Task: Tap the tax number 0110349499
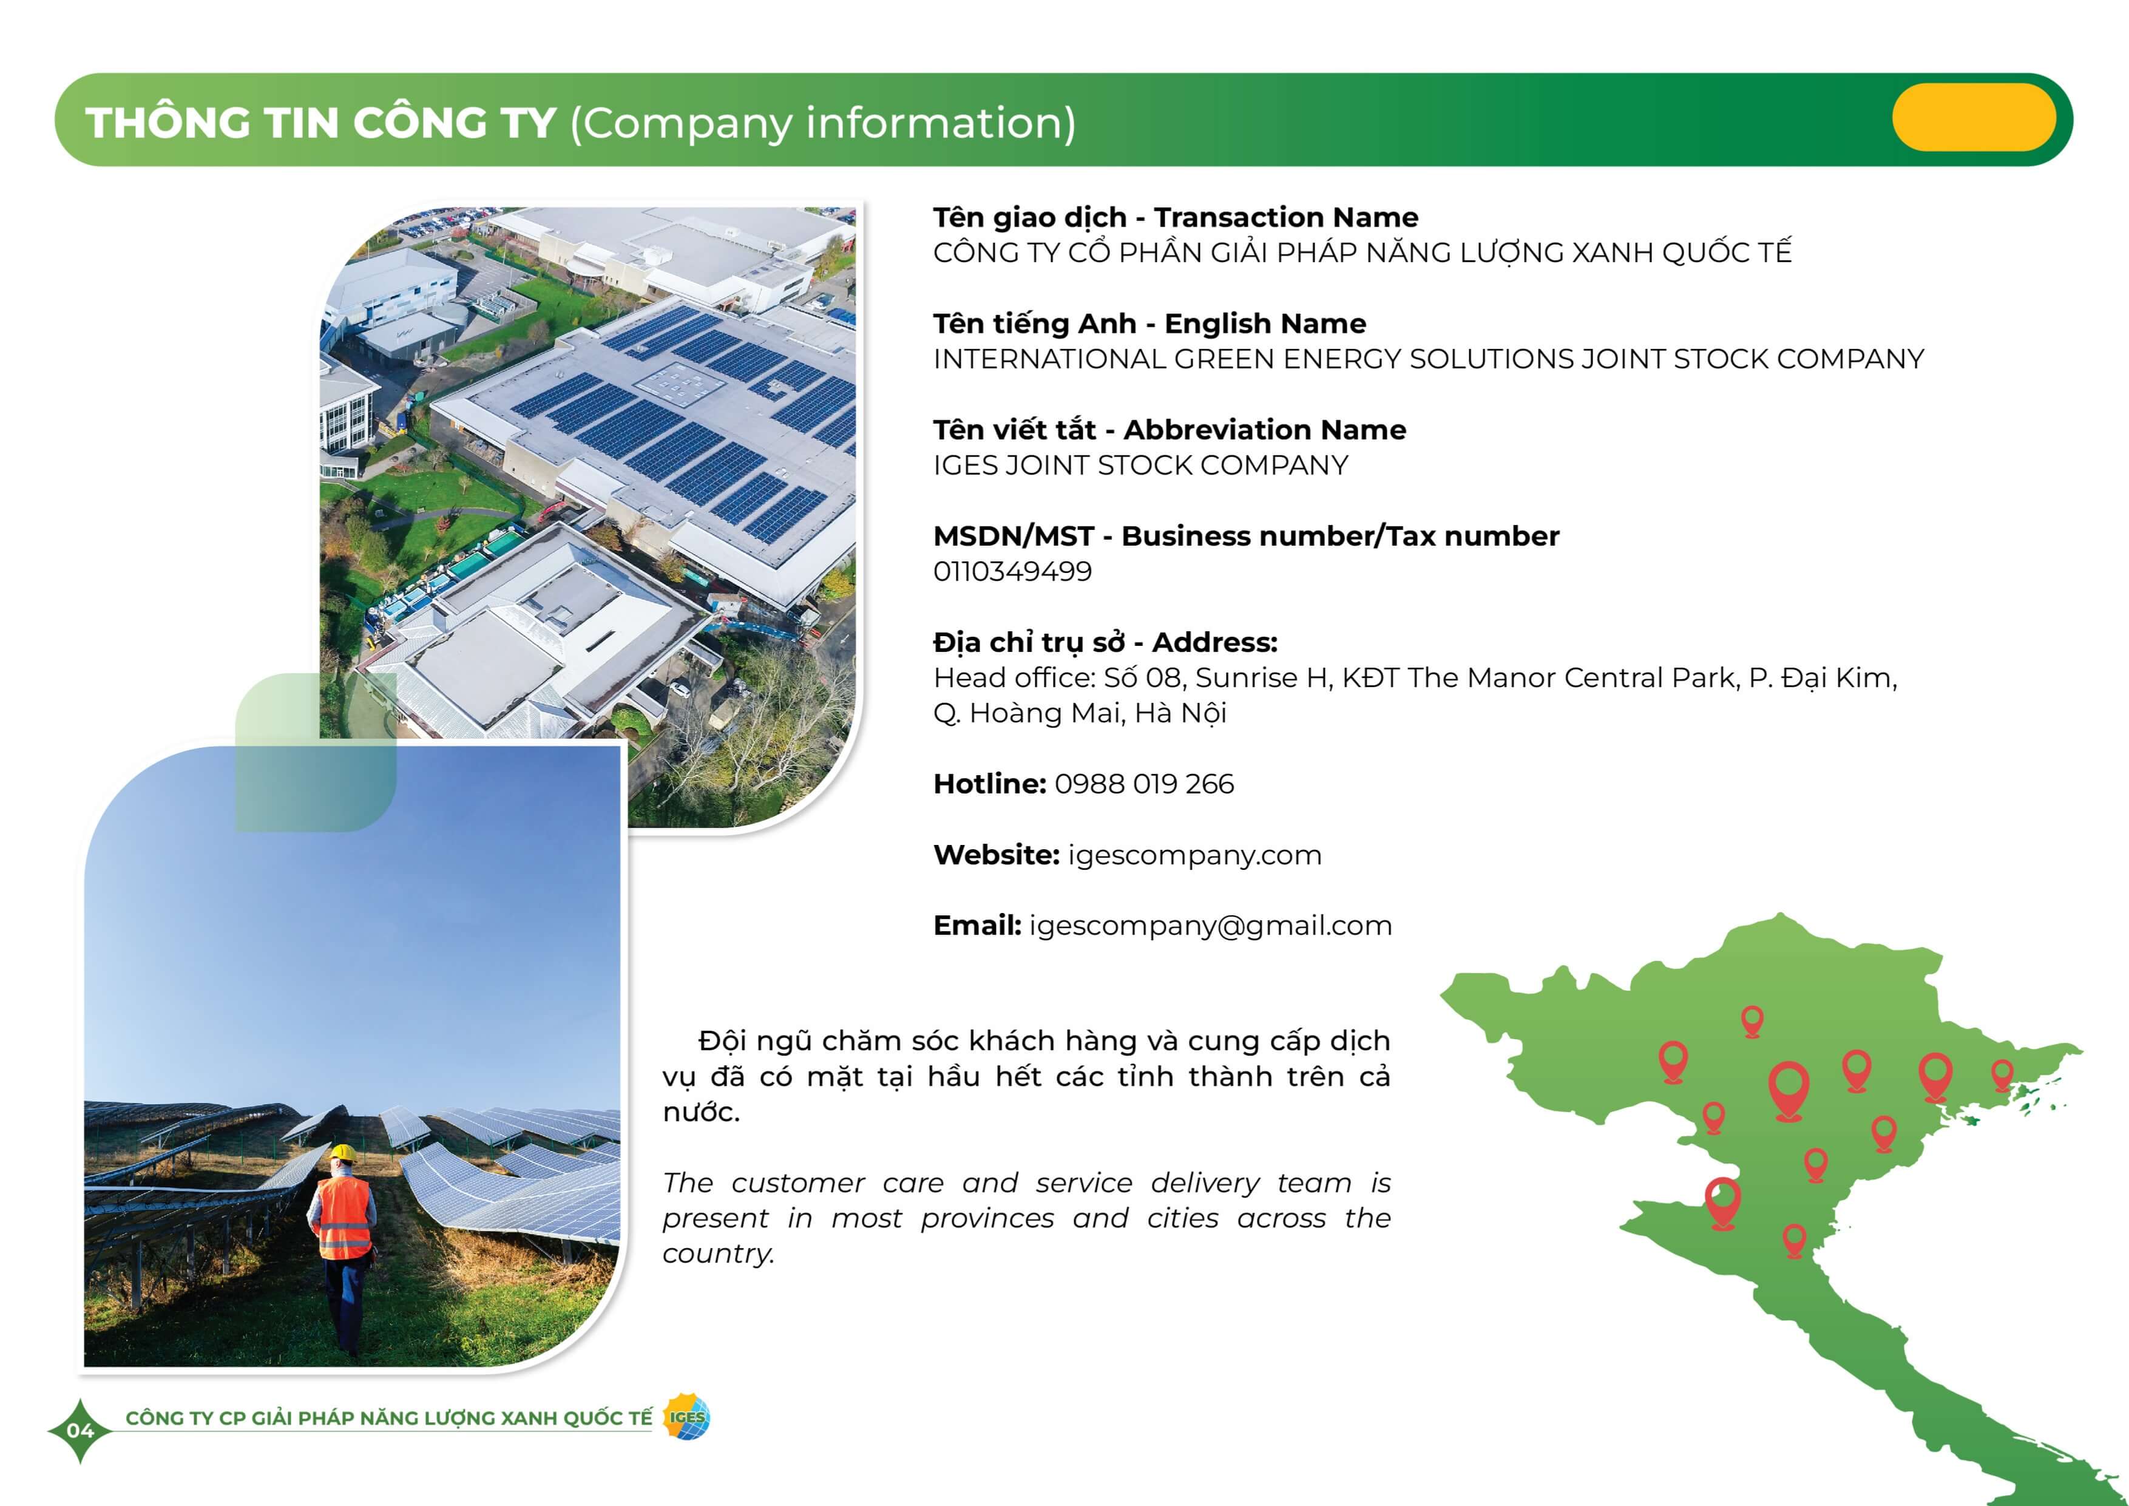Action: [1012, 571]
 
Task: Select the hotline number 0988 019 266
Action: [1144, 784]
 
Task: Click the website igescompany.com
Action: [1195, 856]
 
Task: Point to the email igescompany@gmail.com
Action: [1210, 926]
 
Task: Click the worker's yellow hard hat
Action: [344, 1153]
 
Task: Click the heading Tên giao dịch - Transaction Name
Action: [1176, 217]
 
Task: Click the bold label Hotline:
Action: [989, 784]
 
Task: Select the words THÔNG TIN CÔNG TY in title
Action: [321, 123]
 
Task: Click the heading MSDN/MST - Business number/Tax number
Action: [1246, 536]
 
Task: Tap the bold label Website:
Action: [996, 855]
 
